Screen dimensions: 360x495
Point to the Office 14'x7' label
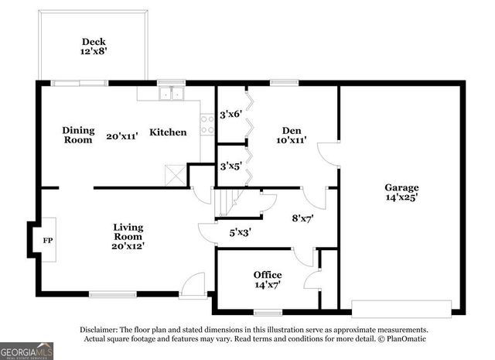tap(268, 280)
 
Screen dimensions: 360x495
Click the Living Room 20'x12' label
tap(128, 236)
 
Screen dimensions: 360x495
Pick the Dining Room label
tap(77, 135)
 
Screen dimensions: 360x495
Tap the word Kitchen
tap(168, 132)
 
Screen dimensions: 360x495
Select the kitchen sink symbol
tap(170, 94)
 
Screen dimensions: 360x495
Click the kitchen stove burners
tap(207, 125)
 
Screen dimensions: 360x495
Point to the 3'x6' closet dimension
tap(230, 114)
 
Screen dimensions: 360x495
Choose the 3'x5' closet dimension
tap(230, 166)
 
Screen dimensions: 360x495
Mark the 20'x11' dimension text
tap(122, 135)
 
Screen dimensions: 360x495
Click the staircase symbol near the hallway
tap(226, 204)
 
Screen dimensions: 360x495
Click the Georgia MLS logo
tap(27, 350)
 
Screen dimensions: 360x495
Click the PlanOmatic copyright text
tap(401, 339)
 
